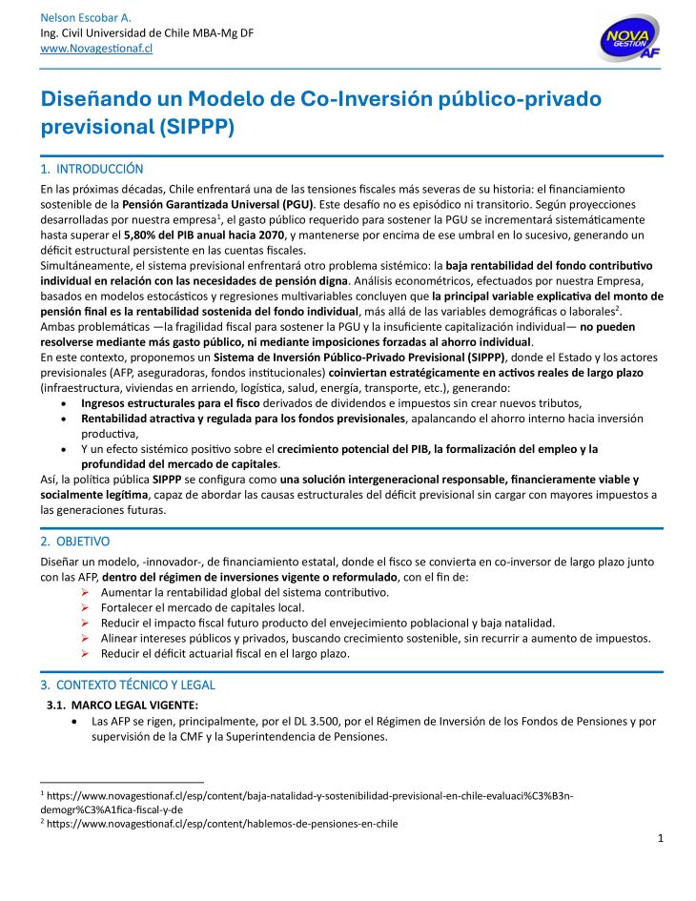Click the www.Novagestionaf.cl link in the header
pyautogui.click(x=96, y=49)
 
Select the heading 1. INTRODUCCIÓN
pyautogui.click(x=92, y=169)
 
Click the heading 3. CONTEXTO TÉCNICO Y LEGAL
pyautogui.click(x=128, y=685)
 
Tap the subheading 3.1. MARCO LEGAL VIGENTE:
pyautogui.click(x=123, y=705)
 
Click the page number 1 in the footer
pyautogui.click(x=660, y=837)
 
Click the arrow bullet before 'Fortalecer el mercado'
pyautogui.click(x=86, y=607)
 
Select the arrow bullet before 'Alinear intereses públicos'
pyautogui.click(x=86, y=638)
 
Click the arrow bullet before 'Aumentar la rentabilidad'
pyautogui.click(x=86, y=592)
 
